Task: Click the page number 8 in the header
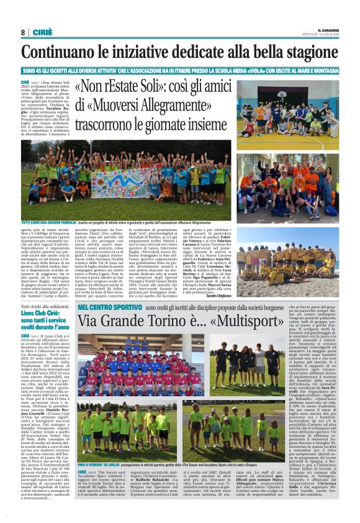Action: point(22,32)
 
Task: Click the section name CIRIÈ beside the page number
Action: point(41,32)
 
